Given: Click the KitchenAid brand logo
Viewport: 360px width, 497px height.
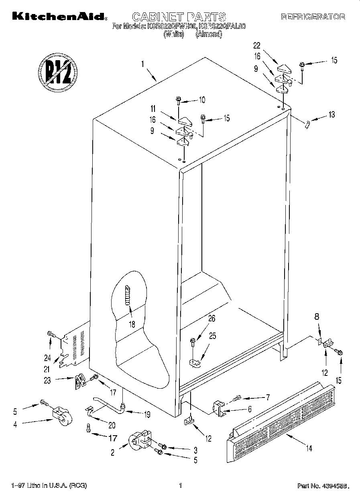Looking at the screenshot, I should [59, 16].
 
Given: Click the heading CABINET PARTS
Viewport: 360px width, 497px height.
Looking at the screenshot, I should [179, 17].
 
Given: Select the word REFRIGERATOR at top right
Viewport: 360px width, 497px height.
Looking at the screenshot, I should [313, 17].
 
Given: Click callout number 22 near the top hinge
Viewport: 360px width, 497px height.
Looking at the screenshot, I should [257, 45].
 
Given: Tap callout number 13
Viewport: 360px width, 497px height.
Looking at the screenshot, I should [331, 115].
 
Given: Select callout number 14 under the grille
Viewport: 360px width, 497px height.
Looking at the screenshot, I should [309, 448].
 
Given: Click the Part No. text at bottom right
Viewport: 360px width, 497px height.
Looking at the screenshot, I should [321, 486].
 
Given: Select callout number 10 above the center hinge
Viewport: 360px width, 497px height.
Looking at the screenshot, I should [202, 99].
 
